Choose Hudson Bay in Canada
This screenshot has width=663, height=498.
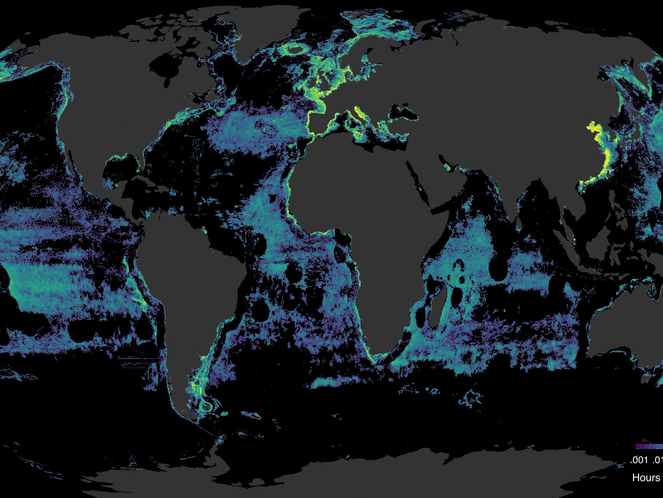click(164, 67)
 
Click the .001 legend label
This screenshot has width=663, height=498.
click(639, 460)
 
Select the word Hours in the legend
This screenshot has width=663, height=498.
click(646, 478)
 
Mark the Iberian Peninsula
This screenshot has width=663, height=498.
click(321, 121)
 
